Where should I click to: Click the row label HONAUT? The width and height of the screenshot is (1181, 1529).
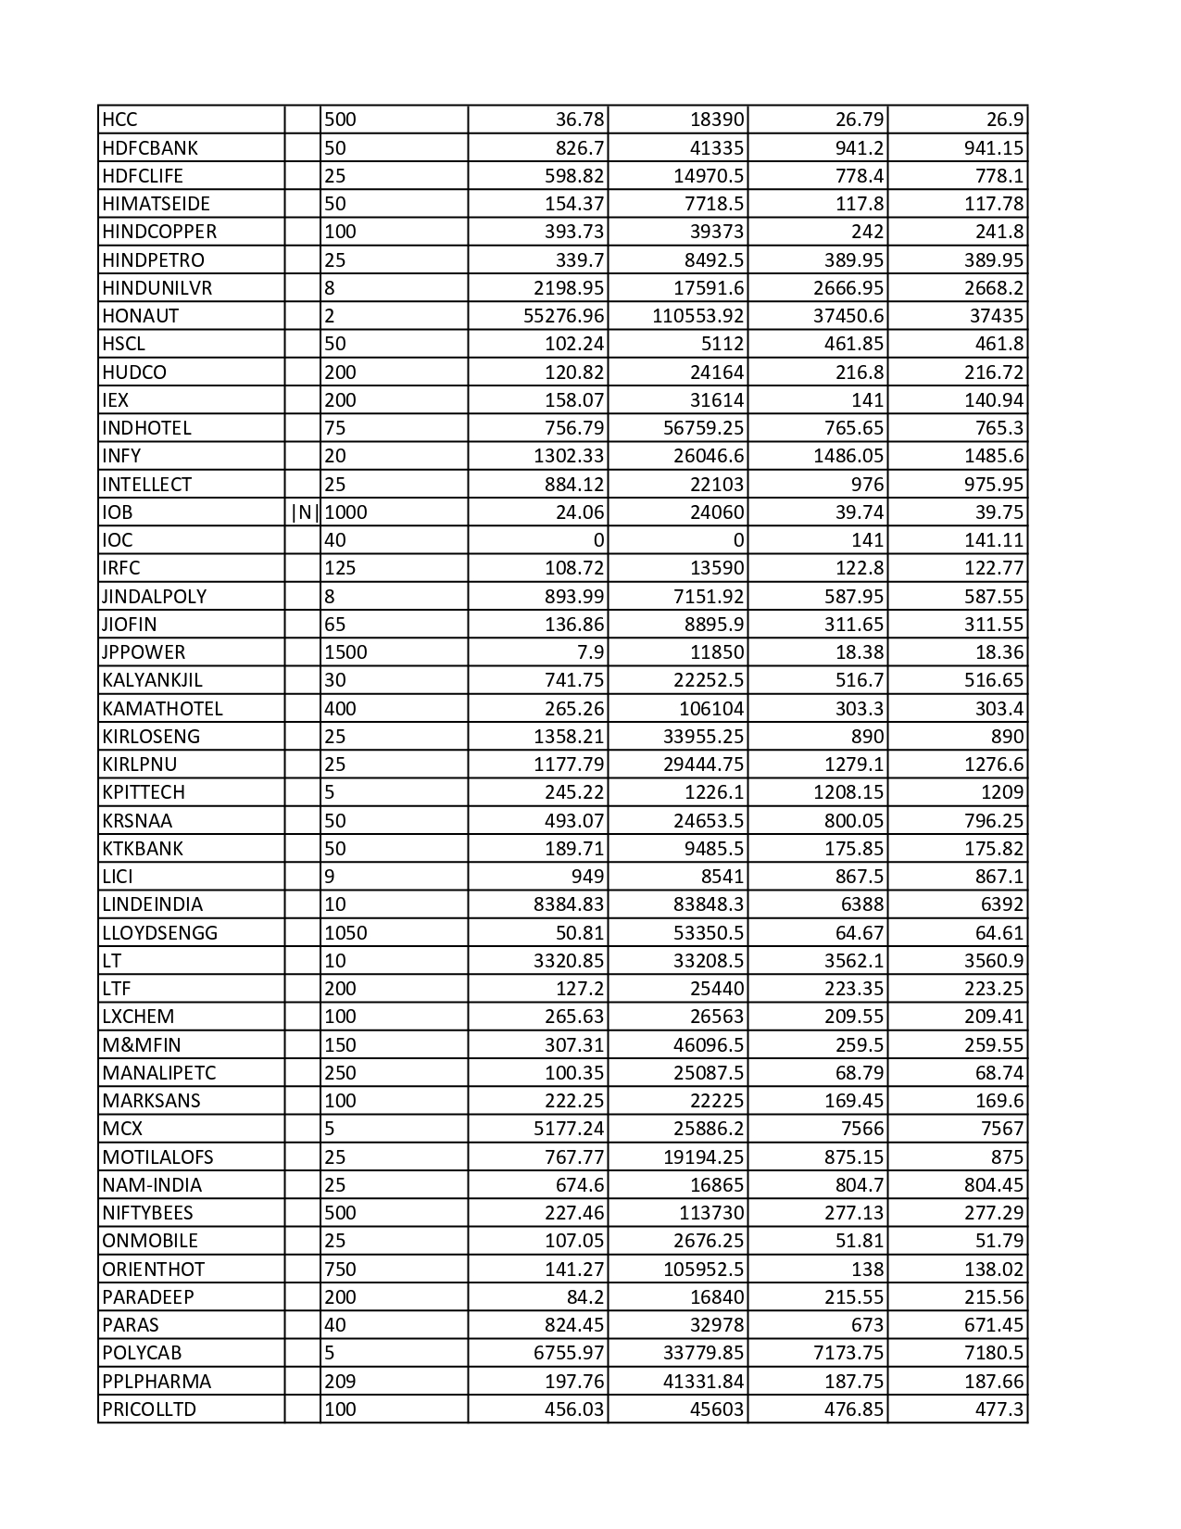pyautogui.click(x=141, y=316)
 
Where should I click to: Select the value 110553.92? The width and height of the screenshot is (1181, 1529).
pyautogui.click(x=697, y=316)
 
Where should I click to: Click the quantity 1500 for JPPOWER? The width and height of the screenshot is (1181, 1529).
pyautogui.click(x=346, y=652)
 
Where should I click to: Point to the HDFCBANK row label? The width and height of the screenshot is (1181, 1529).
pyautogui.click(x=150, y=148)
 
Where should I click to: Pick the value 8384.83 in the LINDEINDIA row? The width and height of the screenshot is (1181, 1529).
pyautogui.click(x=569, y=904)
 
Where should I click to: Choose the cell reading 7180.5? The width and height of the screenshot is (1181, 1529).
pyautogui.click(x=994, y=1353)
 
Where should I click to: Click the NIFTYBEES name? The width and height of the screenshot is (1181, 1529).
pyautogui.click(x=147, y=1213)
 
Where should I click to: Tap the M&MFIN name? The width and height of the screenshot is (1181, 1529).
pyautogui.click(x=142, y=1045)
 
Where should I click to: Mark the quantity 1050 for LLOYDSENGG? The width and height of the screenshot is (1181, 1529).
pyautogui.click(x=346, y=933)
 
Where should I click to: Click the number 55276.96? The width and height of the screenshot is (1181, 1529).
pyautogui.click(x=563, y=316)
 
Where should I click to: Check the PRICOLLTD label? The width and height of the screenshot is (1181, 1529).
pyautogui.click(x=149, y=1409)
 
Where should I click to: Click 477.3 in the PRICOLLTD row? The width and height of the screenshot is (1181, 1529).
pyautogui.click(x=1001, y=1409)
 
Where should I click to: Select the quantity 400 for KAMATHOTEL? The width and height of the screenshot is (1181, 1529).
pyautogui.click(x=340, y=709)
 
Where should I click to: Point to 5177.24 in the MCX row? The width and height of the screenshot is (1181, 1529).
pyautogui.click(x=569, y=1129)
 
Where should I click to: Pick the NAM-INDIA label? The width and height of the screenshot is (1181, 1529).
pyautogui.click(x=152, y=1185)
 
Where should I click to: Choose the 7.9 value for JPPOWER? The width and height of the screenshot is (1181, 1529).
pyautogui.click(x=590, y=652)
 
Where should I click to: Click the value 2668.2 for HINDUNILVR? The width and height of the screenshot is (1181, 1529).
pyautogui.click(x=994, y=288)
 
